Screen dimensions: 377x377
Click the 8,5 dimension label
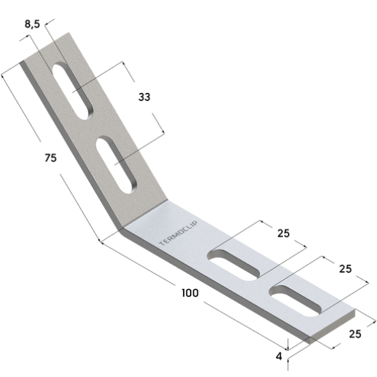click(x=32, y=24)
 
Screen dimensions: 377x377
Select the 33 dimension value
click(x=144, y=97)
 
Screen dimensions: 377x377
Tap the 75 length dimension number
click(x=51, y=158)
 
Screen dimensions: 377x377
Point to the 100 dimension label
click(x=191, y=293)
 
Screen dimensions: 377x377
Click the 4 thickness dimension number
click(x=279, y=356)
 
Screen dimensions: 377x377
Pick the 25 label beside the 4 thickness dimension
click(x=355, y=334)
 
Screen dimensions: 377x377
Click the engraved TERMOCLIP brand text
click(x=178, y=233)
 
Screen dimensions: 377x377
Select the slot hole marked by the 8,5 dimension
click(x=73, y=91)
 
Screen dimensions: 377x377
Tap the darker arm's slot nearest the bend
click(x=116, y=165)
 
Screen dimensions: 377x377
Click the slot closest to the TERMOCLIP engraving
click(x=235, y=265)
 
